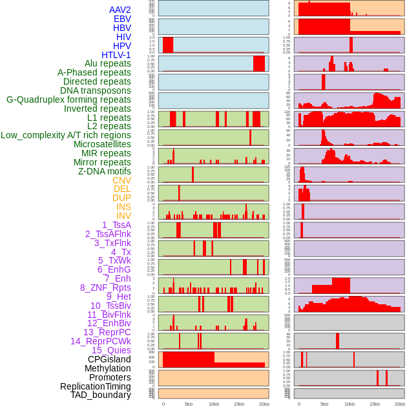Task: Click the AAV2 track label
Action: (120, 10)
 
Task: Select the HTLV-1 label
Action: (116, 55)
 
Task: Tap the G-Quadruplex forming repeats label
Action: (68, 99)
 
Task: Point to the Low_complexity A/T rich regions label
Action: (65, 135)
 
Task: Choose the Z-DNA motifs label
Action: (104, 171)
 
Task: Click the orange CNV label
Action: (121, 180)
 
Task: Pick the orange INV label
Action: (123, 216)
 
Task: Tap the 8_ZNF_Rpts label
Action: (105, 287)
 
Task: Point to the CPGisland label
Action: (109, 359)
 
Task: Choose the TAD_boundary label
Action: (100, 395)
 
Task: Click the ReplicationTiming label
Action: (95, 386)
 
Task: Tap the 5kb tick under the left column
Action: (189, 404)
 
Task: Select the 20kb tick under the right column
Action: (400, 404)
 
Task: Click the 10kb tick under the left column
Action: (214, 404)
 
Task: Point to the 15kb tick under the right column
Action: (375, 404)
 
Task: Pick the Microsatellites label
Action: (102, 144)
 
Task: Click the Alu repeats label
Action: (107, 63)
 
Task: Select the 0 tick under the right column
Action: (298, 404)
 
